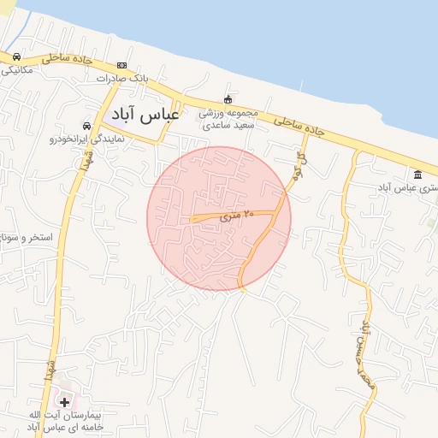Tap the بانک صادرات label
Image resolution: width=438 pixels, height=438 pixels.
(122, 78)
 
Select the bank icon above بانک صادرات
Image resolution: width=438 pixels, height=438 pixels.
(122, 65)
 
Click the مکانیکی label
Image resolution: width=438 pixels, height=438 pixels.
(15, 70)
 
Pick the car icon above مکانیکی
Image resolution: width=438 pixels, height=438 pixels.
(16, 56)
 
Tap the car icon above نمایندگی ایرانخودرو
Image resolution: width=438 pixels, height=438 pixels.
(86, 125)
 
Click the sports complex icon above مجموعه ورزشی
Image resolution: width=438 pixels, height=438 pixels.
(228, 99)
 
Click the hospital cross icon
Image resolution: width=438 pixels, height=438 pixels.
(64, 401)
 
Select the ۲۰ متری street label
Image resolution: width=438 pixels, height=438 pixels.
(238, 216)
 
